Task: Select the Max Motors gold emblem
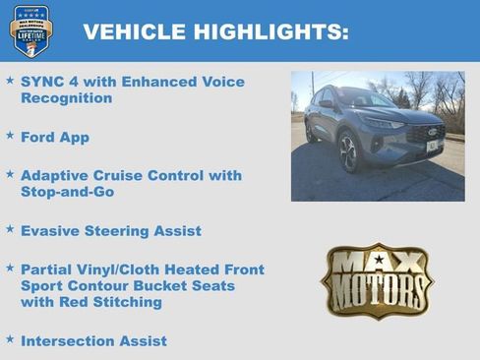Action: point(377,280)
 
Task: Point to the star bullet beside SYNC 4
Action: point(10,81)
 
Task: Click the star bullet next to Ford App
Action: point(10,136)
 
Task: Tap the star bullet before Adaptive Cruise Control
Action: point(10,174)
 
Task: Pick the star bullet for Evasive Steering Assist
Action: point(10,229)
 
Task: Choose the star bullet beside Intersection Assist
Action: point(10,339)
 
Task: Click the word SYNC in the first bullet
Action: point(43,82)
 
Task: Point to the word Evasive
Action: point(52,230)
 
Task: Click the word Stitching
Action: point(127,302)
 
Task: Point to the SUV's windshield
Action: point(366,99)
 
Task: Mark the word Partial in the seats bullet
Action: point(51,269)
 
